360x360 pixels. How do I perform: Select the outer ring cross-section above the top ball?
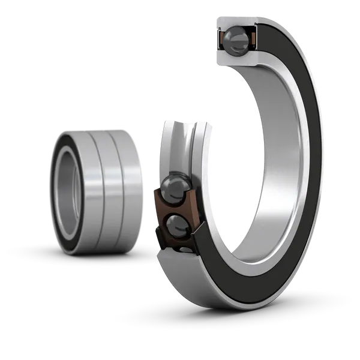(x=235, y=23)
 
